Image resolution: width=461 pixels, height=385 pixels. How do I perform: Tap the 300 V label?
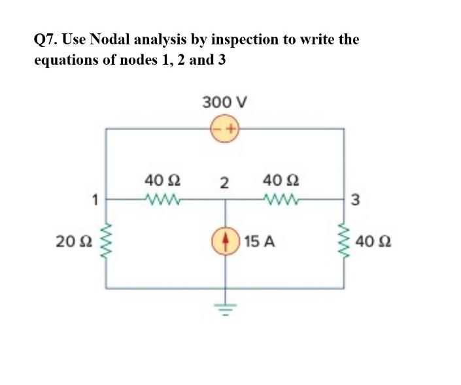pyautogui.click(x=224, y=102)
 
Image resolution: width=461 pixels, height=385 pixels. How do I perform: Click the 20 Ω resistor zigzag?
pyautogui.click(x=106, y=242)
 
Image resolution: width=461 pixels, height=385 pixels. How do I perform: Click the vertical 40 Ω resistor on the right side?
pyautogui.click(x=344, y=242)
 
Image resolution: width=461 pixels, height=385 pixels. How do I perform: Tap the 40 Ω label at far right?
pyautogui.click(x=374, y=243)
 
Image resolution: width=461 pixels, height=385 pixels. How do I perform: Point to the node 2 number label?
pyautogui.click(x=224, y=182)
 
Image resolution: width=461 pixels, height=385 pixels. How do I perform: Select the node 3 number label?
pyautogui.click(x=355, y=200)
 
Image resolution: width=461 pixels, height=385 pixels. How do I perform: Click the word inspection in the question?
pyautogui.click(x=243, y=40)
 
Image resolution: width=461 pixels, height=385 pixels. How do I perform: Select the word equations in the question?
pyautogui.click(x=63, y=61)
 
